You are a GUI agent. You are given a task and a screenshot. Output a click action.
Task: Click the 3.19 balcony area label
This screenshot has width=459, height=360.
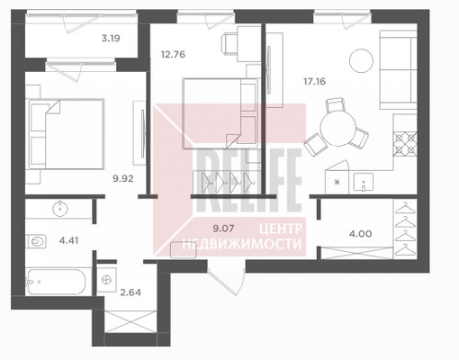point(111,39)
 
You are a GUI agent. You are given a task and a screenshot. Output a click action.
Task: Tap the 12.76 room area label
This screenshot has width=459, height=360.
point(173,55)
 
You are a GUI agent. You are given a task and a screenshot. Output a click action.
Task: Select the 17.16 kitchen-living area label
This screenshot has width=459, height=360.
point(314,81)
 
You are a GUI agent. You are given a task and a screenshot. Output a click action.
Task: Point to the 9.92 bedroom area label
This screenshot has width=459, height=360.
point(123,179)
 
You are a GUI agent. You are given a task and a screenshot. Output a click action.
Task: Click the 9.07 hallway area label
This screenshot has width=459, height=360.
point(223,229)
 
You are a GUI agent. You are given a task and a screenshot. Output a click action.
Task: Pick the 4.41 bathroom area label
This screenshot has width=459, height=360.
point(68,240)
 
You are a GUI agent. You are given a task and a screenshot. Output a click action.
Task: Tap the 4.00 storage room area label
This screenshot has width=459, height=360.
point(360,233)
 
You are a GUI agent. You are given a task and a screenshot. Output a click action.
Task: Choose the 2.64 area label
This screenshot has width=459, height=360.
point(130,292)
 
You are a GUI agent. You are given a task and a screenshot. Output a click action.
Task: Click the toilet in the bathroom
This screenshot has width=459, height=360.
point(36,241)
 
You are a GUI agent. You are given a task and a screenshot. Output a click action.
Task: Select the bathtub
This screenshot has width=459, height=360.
point(56,282)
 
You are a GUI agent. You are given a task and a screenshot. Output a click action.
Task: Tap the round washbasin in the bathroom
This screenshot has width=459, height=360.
point(60,208)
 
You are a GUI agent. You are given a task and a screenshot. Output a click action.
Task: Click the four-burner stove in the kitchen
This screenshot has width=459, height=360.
point(405,144)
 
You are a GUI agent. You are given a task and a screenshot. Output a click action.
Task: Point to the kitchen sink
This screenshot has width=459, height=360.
point(364,182)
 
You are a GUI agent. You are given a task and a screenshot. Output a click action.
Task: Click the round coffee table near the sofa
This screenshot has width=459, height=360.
point(361,60)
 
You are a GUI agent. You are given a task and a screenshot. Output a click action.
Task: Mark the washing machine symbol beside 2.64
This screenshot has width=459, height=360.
point(106,280)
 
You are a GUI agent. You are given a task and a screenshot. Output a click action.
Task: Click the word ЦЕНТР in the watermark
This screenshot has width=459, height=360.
point(280,229)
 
